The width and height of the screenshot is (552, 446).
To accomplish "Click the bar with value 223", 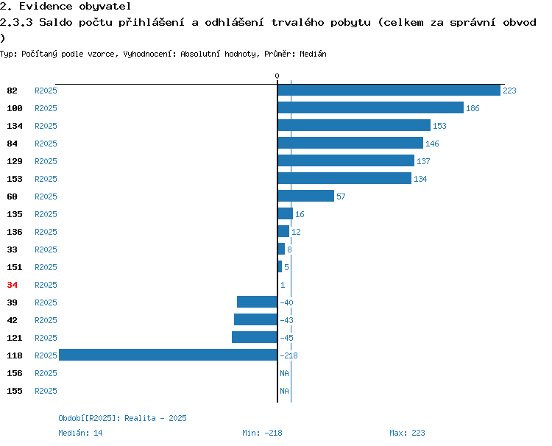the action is [389, 90].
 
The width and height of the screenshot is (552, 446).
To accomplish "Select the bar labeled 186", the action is [371, 107].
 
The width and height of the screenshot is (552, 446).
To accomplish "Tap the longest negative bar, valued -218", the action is [168, 355].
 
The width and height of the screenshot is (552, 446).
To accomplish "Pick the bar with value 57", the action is [306, 196].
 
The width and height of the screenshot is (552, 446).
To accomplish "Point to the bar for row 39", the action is [257, 302].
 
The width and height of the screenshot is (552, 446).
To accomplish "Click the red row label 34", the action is [12, 285].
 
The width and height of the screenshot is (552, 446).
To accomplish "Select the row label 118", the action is [15, 355].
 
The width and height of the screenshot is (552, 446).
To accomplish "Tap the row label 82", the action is [12, 91].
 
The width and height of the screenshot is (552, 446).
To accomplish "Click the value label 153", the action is [439, 126].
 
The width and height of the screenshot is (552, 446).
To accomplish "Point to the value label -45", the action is [286, 338].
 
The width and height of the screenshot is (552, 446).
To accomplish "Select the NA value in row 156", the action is [284, 373].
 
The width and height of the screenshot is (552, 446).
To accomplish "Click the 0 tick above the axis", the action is [277, 76].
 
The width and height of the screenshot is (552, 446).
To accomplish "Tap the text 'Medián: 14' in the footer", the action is [80, 433].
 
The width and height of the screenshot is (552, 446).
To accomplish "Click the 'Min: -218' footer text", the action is [262, 433].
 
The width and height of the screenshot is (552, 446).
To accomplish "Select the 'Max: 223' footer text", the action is [407, 433].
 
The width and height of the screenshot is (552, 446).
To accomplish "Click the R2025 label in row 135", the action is [46, 214].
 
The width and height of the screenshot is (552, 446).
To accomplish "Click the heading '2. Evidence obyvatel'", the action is [66, 7].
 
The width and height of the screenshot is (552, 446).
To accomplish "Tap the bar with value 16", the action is [286, 213].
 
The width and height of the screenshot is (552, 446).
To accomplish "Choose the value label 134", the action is [420, 179].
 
